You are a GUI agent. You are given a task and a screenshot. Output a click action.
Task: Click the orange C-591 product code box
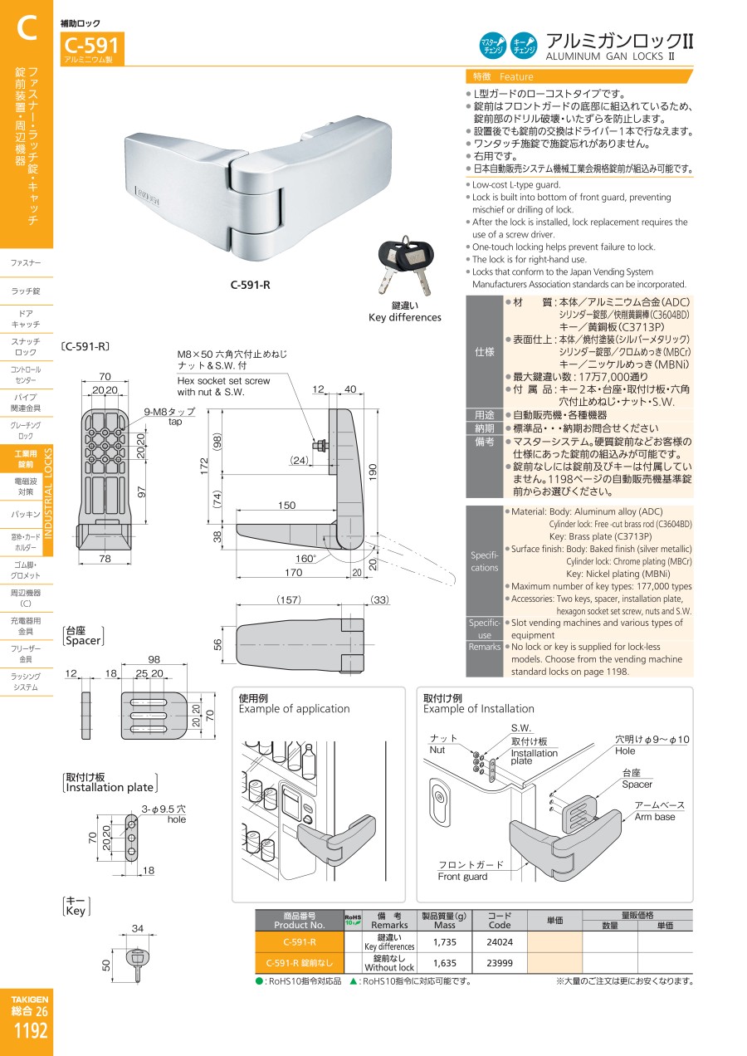tap(92, 48)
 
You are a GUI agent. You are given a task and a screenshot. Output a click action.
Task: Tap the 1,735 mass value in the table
tap(444, 942)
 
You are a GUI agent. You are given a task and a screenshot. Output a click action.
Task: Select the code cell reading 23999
tap(500, 963)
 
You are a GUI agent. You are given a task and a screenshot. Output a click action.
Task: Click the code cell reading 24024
tap(500, 942)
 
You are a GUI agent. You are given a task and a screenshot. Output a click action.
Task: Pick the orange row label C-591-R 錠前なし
tap(300, 963)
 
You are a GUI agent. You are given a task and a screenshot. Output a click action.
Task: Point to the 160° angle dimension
tap(306, 559)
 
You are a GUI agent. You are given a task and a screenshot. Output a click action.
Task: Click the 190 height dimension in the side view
tap(373, 472)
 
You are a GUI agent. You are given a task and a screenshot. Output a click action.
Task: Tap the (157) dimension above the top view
tap(289, 599)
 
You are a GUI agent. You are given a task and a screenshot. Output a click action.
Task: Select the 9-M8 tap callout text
tap(169, 416)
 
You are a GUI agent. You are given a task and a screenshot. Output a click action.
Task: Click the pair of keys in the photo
tap(405, 266)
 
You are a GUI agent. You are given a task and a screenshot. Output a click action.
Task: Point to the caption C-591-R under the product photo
tap(251, 285)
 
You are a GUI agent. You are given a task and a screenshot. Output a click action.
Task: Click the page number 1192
tap(31, 1030)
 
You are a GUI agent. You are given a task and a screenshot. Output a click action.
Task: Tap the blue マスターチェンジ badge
tap(492, 46)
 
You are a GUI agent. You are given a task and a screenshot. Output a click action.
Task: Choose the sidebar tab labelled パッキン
tap(26, 515)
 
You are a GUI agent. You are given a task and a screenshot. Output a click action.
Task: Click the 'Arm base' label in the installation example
tap(655, 817)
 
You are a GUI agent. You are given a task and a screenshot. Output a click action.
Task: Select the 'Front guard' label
tap(462, 877)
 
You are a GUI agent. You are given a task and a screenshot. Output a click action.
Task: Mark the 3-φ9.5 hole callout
tap(164, 814)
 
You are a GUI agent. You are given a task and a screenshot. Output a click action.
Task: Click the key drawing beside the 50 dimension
tap(137, 965)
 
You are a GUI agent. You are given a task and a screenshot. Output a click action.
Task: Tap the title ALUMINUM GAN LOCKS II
tap(610, 56)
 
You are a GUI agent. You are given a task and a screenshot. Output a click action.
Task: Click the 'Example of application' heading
tap(294, 708)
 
